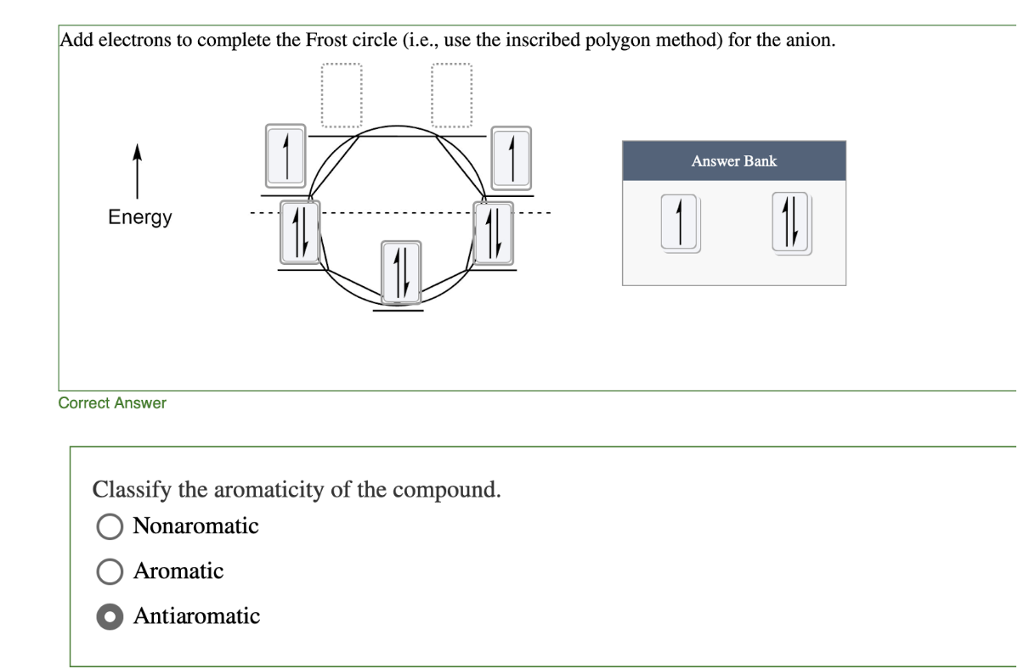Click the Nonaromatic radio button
[110, 526]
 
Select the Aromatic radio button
[110, 571]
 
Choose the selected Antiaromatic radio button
[110, 616]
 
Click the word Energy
[140, 217]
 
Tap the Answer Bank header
[733, 160]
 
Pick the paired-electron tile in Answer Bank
[790, 223]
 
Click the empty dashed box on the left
[342, 95]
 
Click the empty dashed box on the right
[451, 95]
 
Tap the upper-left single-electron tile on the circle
[286, 156]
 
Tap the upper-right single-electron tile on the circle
[512, 156]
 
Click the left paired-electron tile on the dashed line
[299, 231]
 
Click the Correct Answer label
[112, 403]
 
